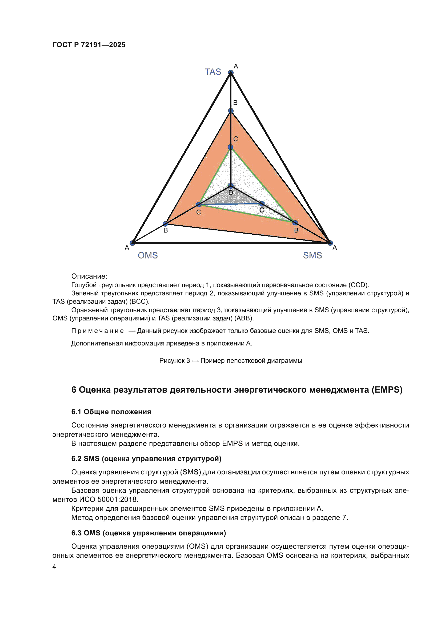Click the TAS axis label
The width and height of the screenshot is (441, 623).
(213, 72)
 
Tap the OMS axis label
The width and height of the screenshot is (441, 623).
(148, 255)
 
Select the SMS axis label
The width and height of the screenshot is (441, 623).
(312, 255)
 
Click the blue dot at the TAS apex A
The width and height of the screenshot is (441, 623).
(231, 72)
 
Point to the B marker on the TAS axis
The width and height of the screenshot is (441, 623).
(231, 111)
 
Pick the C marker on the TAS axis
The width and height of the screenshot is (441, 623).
(231, 147)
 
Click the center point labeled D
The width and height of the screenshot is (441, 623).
(231, 186)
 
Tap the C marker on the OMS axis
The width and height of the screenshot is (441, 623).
(199, 204)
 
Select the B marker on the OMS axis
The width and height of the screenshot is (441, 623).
(165, 224)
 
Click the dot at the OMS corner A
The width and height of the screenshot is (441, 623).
(132, 243)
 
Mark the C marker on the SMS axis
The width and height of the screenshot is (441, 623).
(262, 203)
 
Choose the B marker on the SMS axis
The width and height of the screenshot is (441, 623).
(295, 223)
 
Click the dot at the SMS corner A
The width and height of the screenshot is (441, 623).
(330, 243)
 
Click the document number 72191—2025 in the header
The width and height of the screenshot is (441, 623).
(103, 45)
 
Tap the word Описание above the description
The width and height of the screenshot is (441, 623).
(89, 276)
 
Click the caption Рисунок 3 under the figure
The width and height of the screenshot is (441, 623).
(175, 361)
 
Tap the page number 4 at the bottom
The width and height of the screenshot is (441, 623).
(54, 567)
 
